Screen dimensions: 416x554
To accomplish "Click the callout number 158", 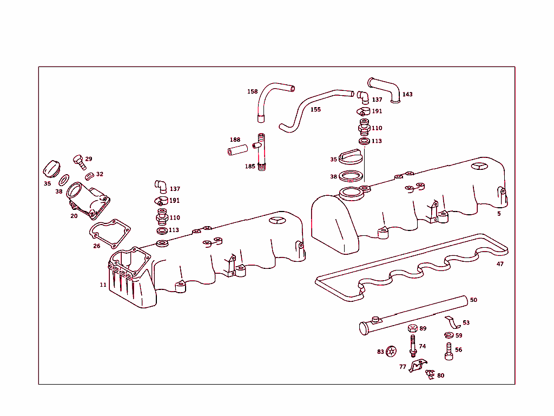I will pyautogui.click(x=253, y=91).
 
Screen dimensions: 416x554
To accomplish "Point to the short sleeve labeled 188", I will pyautogui.click(x=236, y=148).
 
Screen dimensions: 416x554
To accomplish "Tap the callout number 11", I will pyautogui.click(x=103, y=285).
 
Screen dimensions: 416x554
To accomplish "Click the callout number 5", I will pyautogui.click(x=499, y=214).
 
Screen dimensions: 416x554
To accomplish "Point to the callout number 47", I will pyautogui.click(x=500, y=264).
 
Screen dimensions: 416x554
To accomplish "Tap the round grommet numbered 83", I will pyautogui.click(x=392, y=352).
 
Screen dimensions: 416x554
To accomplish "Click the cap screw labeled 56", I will pyautogui.click(x=449, y=351).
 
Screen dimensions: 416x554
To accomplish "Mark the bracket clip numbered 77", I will pyautogui.click(x=417, y=367).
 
